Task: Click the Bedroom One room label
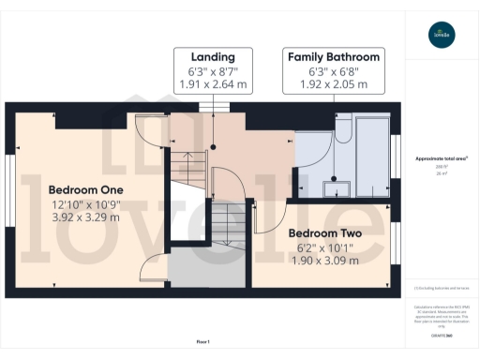pyautogui.click(x=84, y=186)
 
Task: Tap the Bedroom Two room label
pyautogui.click(x=321, y=232)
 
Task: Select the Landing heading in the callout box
pyautogui.click(x=212, y=55)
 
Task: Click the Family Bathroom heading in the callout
pyautogui.click(x=334, y=55)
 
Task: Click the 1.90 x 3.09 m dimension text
pyautogui.click(x=321, y=259)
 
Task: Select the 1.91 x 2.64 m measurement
pyautogui.click(x=212, y=83)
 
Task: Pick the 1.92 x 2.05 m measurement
pyautogui.click(x=334, y=83)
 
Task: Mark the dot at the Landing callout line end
pyautogui.click(x=212, y=147)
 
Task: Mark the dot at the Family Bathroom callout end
pyautogui.click(x=334, y=175)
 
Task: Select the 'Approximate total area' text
pyautogui.click(x=441, y=158)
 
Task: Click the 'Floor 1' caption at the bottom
pyautogui.click(x=202, y=342)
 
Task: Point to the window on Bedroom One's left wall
pyautogui.click(x=9, y=177)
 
